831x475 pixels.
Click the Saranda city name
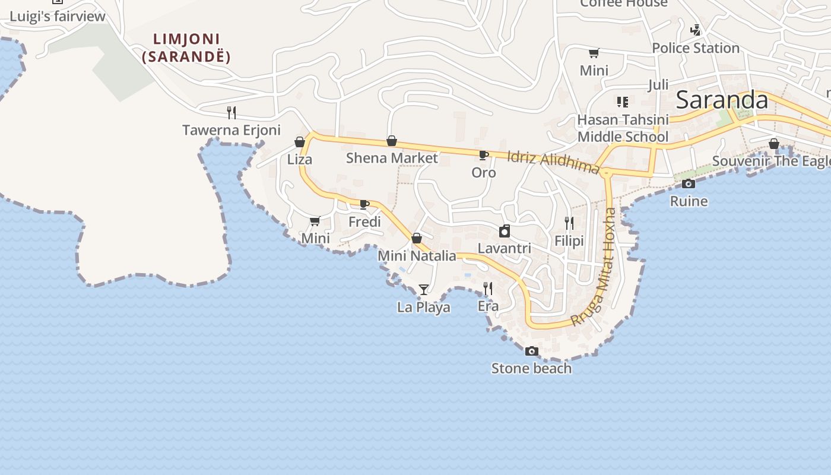[x=722, y=100]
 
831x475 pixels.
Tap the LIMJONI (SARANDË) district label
[x=186, y=48]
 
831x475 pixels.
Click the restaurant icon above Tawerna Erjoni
[x=231, y=112]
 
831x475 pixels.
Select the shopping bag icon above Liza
[x=300, y=142]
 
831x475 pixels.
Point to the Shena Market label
[x=392, y=158]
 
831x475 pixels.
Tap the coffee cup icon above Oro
[x=484, y=156]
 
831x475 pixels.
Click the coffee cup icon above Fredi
[x=364, y=205]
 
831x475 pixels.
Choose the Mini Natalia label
[x=417, y=256]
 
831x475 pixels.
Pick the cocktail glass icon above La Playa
[x=423, y=290]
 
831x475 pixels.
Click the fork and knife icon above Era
[x=488, y=289]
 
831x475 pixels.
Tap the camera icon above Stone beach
[x=532, y=351]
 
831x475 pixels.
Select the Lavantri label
[x=505, y=248]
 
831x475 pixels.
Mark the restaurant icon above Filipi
[x=569, y=223]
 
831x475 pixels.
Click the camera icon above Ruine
[x=689, y=184]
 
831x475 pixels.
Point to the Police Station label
[x=696, y=48]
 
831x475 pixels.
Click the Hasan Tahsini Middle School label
[x=623, y=128]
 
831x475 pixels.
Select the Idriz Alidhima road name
[x=553, y=161]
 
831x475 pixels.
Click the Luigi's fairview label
[x=58, y=16]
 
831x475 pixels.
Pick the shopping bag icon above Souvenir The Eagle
[x=773, y=144]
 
